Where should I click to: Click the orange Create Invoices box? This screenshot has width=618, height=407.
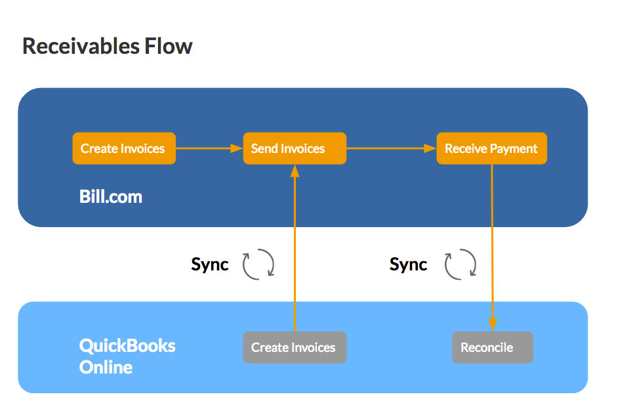(x=124, y=148)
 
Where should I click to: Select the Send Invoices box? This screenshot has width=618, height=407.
(x=295, y=148)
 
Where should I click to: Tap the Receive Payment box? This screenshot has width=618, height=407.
(x=492, y=148)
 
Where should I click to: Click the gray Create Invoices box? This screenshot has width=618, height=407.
(x=295, y=347)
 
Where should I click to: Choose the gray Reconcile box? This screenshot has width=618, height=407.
(x=493, y=347)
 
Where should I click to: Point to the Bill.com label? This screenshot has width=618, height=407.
(x=111, y=196)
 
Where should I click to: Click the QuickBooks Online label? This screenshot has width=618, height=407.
(x=127, y=356)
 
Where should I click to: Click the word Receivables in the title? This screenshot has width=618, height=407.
(x=81, y=46)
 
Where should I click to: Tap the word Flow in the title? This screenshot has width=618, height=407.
(x=169, y=46)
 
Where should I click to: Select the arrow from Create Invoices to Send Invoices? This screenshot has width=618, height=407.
(x=209, y=148)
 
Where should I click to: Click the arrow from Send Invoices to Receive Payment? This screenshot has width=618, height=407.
(x=392, y=148)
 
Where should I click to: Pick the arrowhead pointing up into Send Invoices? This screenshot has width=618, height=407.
(x=295, y=171)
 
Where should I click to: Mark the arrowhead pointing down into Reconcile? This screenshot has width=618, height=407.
(x=492, y=324)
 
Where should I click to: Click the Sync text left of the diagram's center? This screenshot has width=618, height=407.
(x=210, y=265)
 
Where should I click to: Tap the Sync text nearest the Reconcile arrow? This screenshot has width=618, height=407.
(x=408, y=265)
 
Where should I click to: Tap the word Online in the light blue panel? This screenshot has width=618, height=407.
(x=106, y=367)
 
